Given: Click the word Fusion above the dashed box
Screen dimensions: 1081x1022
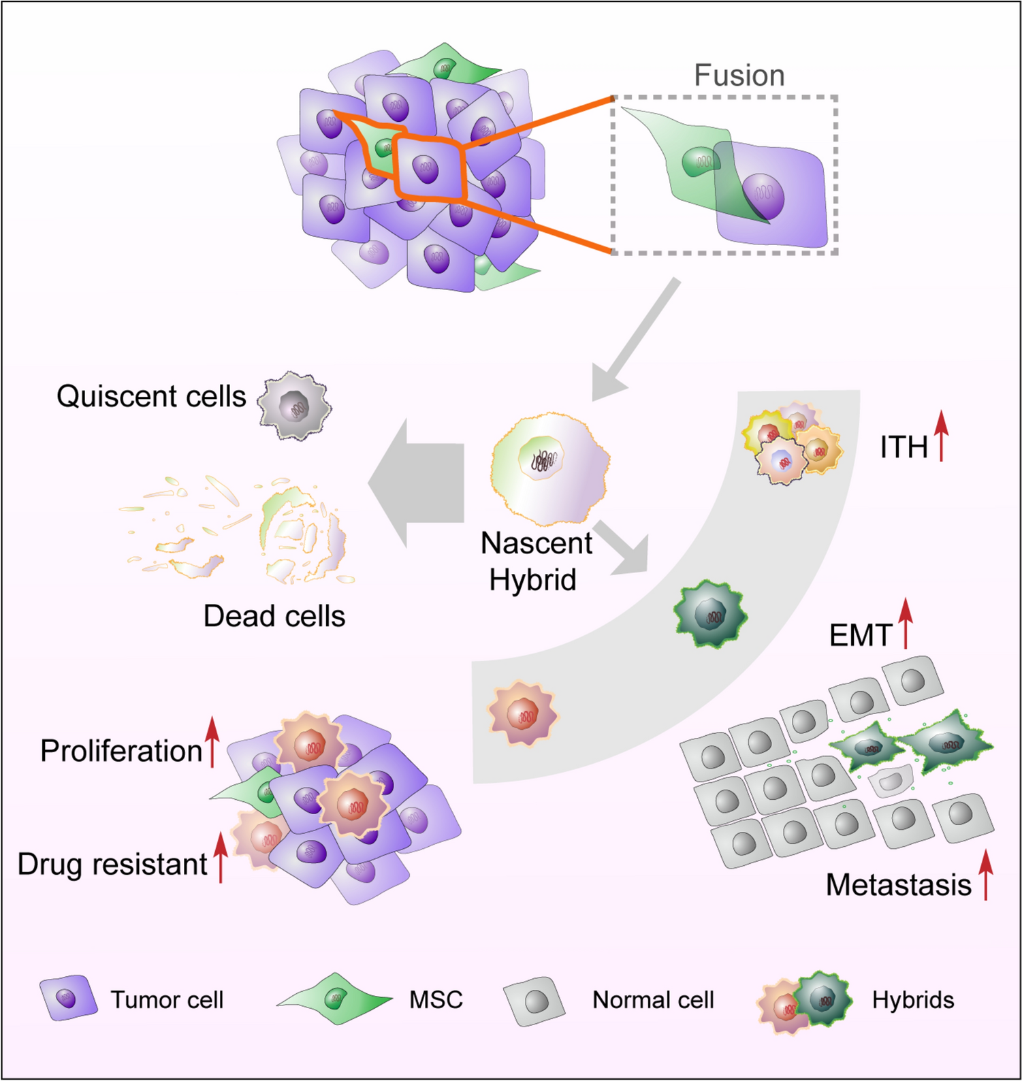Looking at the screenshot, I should [x=739, y=76].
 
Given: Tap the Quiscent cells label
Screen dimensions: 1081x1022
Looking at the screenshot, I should [x=151, y=396].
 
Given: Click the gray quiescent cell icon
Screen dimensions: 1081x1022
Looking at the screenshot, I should [x=295, y=407].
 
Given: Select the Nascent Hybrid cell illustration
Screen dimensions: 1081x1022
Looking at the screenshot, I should [x=549, y=469].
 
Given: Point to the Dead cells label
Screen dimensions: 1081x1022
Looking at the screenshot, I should [x=274, y=616].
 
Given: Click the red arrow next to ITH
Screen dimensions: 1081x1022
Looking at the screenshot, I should [x=941, y=436].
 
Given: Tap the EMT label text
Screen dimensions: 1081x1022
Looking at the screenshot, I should [x=860, y=636].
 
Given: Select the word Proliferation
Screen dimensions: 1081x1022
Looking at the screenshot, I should [x=121, y=751].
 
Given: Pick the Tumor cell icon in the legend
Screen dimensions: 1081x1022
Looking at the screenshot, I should [x=67, y=998].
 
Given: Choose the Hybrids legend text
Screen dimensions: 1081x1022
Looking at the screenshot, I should [x=913, y=1000].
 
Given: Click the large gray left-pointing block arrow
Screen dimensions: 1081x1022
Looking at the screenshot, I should [x=416, y=483].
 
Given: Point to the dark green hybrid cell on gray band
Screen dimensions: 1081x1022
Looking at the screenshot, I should [x=710, y=614].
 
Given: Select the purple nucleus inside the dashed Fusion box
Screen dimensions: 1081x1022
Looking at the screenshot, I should [x=763, y=196].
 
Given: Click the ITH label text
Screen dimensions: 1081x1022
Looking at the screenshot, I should [x=904, y=447].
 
